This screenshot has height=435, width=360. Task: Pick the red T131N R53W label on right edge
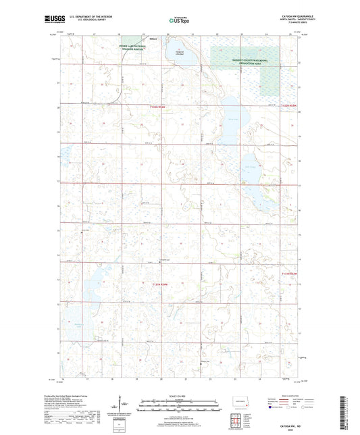click(290, 274)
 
